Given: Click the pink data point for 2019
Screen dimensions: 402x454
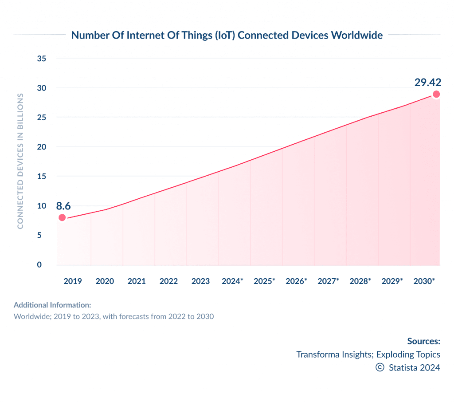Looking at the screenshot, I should [62, 217].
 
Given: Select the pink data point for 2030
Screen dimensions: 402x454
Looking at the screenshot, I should [436, 94].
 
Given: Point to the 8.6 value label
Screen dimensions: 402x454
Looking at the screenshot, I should [63, 205].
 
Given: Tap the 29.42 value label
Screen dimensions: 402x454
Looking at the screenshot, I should [428, 82].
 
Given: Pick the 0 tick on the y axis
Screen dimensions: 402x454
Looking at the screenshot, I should [39, 265].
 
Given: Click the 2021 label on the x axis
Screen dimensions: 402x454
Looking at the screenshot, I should [137, 281].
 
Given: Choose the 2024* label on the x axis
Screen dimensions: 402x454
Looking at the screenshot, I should [232, 281].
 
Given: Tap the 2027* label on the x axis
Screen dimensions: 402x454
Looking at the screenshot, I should [328, 281].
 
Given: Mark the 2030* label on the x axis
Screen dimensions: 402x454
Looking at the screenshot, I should [424, 281].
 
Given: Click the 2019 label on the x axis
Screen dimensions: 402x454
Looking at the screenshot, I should [73, 281].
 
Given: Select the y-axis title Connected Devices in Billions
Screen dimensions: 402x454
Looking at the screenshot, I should [20, 161].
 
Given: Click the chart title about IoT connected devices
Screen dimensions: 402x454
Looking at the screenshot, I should [227, 35].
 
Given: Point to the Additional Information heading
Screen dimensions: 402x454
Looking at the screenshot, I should [52, 305].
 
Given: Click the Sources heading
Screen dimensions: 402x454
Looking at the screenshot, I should [423, 341].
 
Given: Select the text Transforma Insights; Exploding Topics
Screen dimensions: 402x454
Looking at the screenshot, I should [368, 355].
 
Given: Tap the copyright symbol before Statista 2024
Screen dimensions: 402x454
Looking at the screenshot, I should [380, 367].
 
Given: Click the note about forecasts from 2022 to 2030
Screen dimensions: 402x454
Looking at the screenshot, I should [114, 317].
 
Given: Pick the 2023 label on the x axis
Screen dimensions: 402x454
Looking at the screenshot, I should [200, 281].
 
